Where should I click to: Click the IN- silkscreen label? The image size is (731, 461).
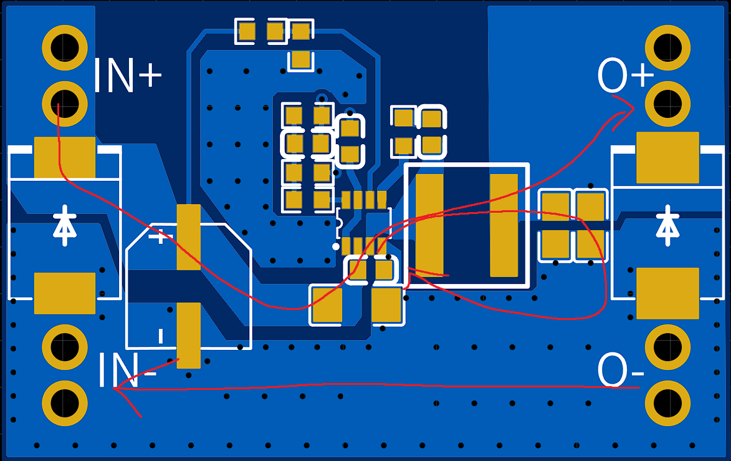(x=127, y=371)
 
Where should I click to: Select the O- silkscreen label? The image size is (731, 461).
(x=621, y=371)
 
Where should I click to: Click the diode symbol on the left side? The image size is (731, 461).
(x=64, y=226)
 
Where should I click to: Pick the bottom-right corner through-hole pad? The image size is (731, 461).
(x=667, y=399)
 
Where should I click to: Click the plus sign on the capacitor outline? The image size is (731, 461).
(x=161, y=237)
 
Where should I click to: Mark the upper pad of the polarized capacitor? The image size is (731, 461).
(x=188, y=237)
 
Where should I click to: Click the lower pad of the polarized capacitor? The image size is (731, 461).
(x=188, y=335)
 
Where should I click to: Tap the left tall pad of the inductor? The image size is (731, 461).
(x=429, y=225)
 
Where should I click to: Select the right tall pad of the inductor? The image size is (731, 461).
(x=504, y=225)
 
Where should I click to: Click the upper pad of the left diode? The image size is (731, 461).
(x=65, y=157)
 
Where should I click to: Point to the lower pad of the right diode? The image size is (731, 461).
(x=667, y=293)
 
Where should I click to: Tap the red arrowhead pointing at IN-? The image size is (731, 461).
(x=122, y=391)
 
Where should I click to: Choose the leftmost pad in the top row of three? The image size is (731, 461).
(x=247, y=31)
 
